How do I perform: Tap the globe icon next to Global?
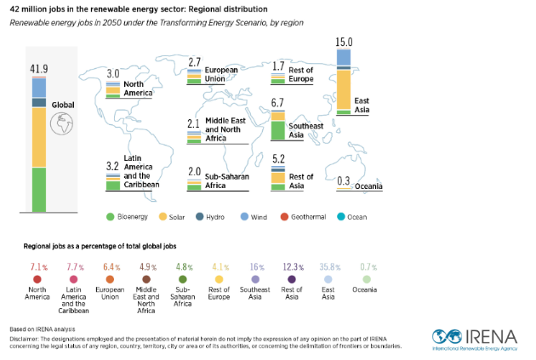pyautogui.click(x=61, y=124)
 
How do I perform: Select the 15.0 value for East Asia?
pyautogui.click(x=344, y=42)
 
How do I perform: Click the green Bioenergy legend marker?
pyautogui.click(x=111, y=217)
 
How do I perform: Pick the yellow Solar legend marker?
pyautogui.click(x=163, y=217)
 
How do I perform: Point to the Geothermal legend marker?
pyautogui.click(x=285, y=217)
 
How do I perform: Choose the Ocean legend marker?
pyautogui.click(x=340, y=217)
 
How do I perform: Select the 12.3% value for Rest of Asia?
pyautogui.click(x=292, y=266)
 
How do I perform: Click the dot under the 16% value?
pyautogui.click(x=255, y=278)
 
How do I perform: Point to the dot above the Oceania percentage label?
pyautogui.click(x=367, y=278)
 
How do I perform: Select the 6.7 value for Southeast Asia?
pyautogui.click(x=277, y=103)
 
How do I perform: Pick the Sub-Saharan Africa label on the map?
pyautogui.click(x=225, y=180)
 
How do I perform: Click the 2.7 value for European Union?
pyautogui.click(x=195, y=62)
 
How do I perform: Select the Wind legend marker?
pyautogui.click(x=244, y=217)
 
